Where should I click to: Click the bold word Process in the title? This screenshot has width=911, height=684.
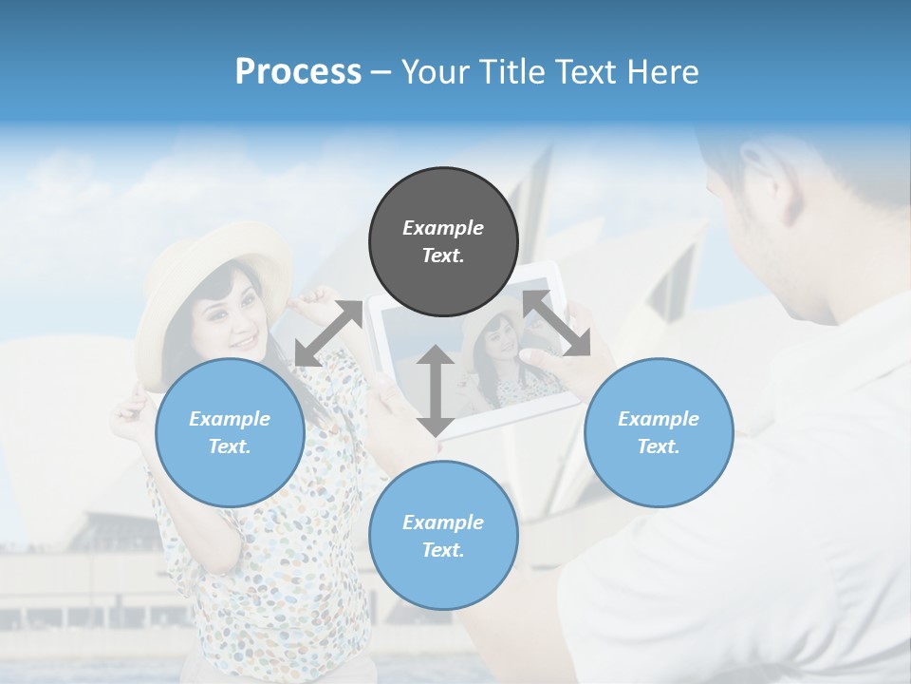[x=298, y=71]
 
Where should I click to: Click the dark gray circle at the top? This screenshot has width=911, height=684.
[x=443, y=241]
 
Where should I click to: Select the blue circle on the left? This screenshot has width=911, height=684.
[x=230, y=432]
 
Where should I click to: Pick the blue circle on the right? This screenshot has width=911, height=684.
[x=659, y=432]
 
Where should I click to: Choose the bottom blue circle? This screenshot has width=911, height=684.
[x=443, y=536]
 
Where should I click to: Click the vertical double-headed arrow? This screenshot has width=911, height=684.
[x=436, y=390]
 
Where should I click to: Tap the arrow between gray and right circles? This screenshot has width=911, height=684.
[x=557, y=323]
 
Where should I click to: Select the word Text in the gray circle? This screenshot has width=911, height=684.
[x=443, y=256]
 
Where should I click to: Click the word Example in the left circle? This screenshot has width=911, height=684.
[x=230, y=419]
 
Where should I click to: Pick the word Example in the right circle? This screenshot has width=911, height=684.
[x=659, y=419]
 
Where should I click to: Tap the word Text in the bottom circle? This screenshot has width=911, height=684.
[x=443, y=550]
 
